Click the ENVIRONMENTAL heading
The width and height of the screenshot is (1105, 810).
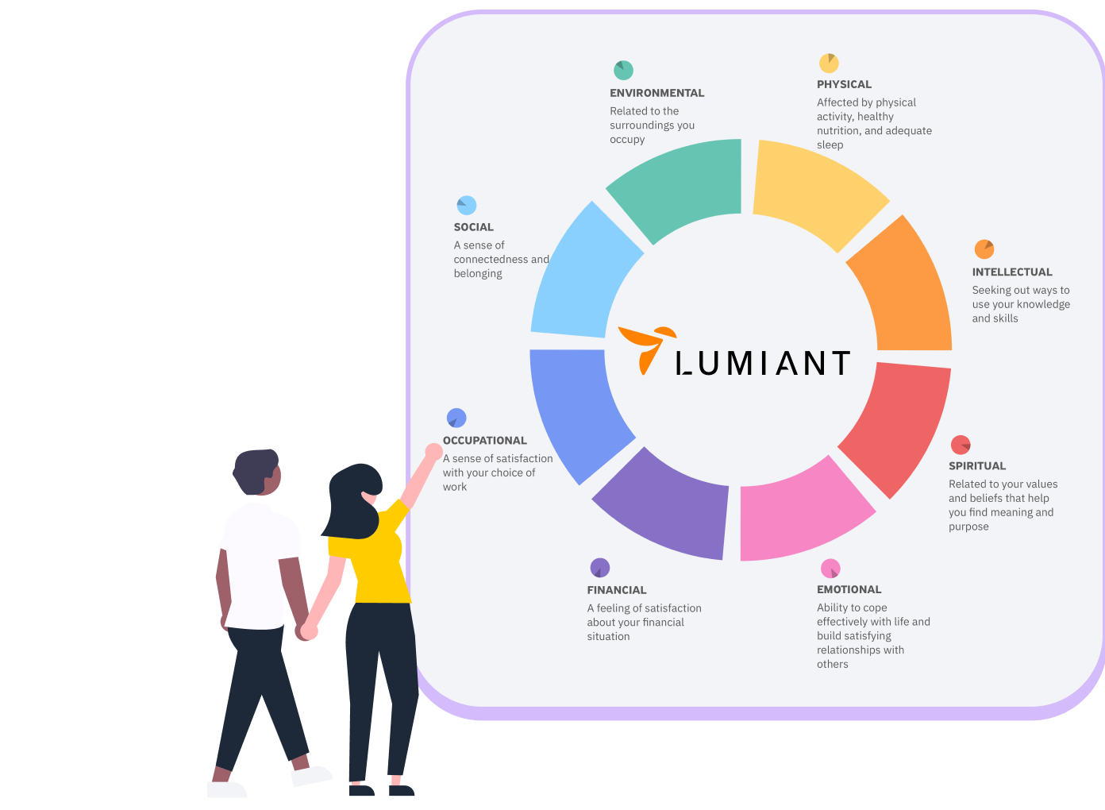click(x=656, y=93)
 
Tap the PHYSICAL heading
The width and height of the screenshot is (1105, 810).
click(x=844, y=84)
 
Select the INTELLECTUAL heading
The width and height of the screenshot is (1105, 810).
click(x=1012, y=272)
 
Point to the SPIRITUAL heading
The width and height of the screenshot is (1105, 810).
click(x=977, y=466)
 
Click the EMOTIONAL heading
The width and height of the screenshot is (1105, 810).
click(x=849, y=589)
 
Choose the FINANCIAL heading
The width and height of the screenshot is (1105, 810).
click(x=617, y=590)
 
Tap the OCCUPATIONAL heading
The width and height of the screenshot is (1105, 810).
click(x=484, y=440)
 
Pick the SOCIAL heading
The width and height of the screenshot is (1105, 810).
click(x=474, y=227)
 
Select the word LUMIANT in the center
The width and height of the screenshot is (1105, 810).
click(x=763, y=363)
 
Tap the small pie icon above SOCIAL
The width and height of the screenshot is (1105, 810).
click(x=466, y=206)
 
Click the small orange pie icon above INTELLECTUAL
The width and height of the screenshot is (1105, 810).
click(x=984, y=249)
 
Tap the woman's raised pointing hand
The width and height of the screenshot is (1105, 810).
click(x=433, y=451)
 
